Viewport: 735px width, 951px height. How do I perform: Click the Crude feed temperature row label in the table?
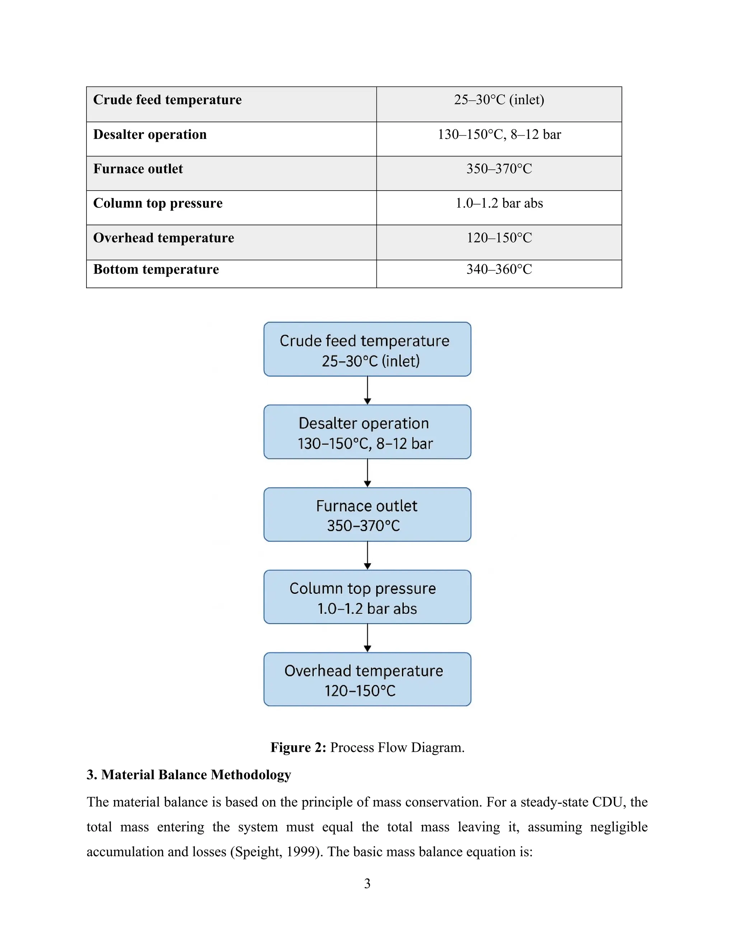coord(167,100)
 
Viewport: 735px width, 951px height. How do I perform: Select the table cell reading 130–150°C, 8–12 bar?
coord(499,135)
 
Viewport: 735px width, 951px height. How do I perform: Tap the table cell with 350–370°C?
coord(499,169)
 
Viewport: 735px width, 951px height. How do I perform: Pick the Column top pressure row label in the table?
coord(158,203)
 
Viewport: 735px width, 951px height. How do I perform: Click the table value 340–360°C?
coord(499,269)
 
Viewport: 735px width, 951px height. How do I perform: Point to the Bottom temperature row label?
coord(156,270)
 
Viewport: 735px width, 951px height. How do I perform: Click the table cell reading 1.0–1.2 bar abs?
coord(499,203)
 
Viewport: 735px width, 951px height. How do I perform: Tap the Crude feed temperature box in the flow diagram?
coord(367,349)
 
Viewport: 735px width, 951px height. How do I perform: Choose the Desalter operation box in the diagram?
coord(367,432)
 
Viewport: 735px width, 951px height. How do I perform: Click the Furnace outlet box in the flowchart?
coord(367,515)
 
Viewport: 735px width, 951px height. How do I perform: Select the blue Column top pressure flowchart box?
coord(367,597)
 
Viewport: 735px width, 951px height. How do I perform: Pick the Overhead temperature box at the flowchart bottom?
coord(367,679)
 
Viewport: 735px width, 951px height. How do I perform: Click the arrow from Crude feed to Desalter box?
coord(367,390)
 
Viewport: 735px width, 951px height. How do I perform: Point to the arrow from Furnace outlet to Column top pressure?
coord(367,556)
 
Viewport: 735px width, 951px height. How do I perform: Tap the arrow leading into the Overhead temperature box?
coord(367,638)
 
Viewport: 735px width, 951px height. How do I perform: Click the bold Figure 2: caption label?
coord(298,748)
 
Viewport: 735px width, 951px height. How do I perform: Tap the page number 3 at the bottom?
coord(367,884)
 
